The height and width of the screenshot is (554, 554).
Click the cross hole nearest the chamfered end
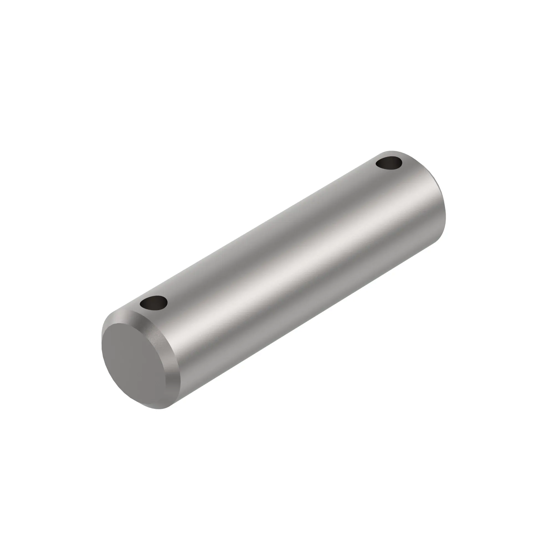154,303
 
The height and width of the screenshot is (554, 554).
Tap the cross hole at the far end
389,164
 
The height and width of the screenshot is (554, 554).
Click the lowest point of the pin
159,409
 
